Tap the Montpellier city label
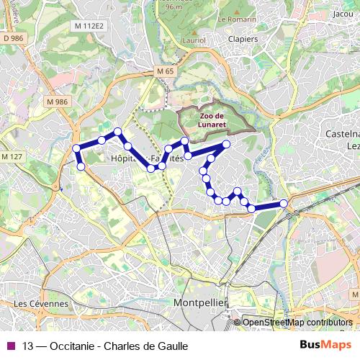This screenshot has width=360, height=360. (x=200, y=303)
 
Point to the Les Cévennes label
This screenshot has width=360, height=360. (x=41, y=304)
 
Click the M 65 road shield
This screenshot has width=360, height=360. (x=165, y=72)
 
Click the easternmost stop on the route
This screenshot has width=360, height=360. (x=284, y=204)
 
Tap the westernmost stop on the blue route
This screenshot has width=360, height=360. (x=76, y=149)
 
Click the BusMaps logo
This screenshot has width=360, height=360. (x=326, y=345)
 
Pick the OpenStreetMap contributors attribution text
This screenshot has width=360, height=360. (x=297, y=323)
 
